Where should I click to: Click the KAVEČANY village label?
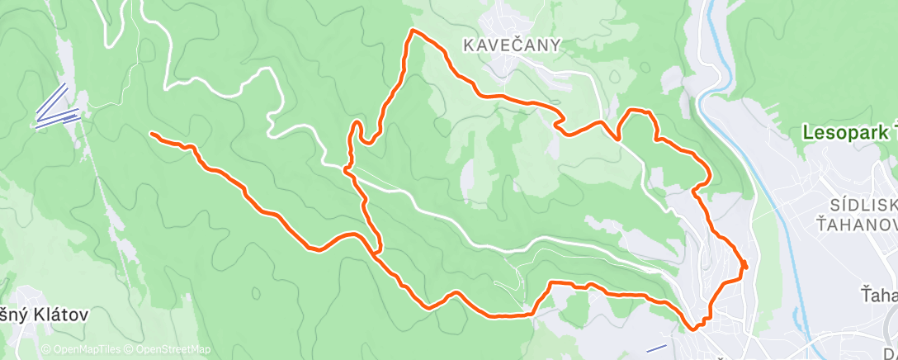[512, 46]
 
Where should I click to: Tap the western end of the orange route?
[151, 133]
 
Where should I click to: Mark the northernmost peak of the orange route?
[414, 31]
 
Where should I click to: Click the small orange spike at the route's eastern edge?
[744, 264]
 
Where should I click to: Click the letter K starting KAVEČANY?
[468, 46]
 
